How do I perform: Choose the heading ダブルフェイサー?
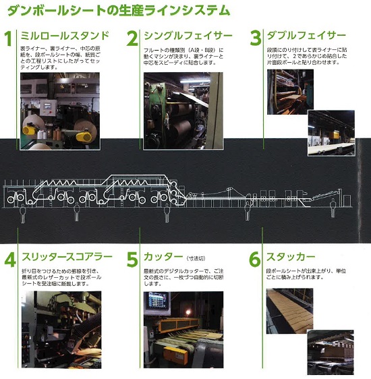pyautogui.click(x=306, y=35)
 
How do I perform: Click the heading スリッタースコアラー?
pyautogui.click(x=64, y=256)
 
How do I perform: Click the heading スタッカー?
pyautogui.click(x=291, y=256)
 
